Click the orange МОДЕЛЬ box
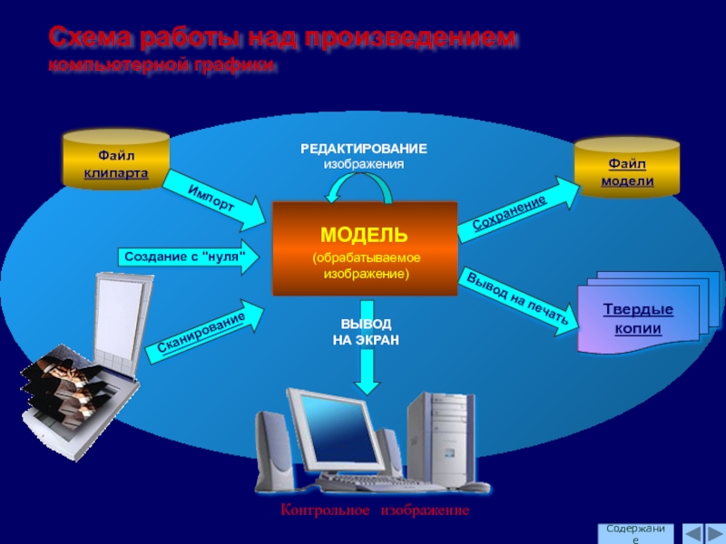click(x=365, y=248)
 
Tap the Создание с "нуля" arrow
click(x=187, y=257)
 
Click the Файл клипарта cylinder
click(x=116, y=160)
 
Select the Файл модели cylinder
click(x=626, y=169)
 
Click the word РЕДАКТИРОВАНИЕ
click(x=364, y=148)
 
